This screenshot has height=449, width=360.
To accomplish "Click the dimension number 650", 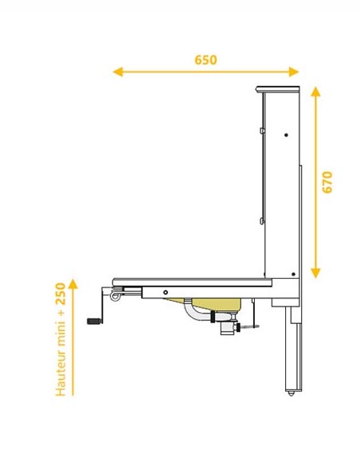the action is pos(205,60).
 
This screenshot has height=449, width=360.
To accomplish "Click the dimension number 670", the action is pos(327,182).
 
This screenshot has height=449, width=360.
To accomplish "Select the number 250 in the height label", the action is pos(61,294).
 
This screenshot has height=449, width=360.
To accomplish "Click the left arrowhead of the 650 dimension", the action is pos(118,72).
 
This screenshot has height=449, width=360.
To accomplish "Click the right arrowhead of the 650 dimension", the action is pos(294,72).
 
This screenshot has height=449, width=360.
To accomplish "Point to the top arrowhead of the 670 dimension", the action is pos(315,92).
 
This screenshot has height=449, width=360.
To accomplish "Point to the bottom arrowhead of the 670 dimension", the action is pos(315,273).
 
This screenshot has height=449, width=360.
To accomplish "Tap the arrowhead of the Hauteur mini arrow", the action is pos(73,283).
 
